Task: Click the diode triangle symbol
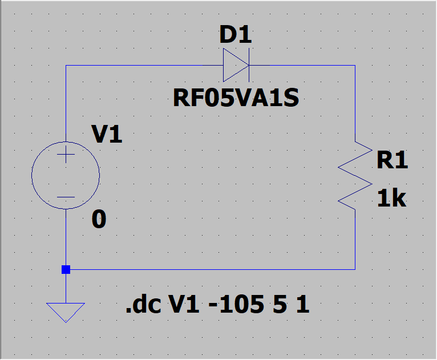(236, 65)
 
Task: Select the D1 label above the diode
(235, 36)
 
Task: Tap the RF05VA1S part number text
(236, 99)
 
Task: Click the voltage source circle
(66, 175)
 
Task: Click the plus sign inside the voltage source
(66, 155)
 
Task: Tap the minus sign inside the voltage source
(66, 197)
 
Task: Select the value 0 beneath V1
(99, 220)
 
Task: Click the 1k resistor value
(391, 199)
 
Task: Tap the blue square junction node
(66, 269)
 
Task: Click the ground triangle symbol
(66, 312)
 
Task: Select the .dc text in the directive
(143, 306)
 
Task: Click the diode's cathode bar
(249, 65)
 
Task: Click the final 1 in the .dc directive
(303, 306)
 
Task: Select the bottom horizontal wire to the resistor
(211, 269)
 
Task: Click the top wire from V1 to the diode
(143, 65)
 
